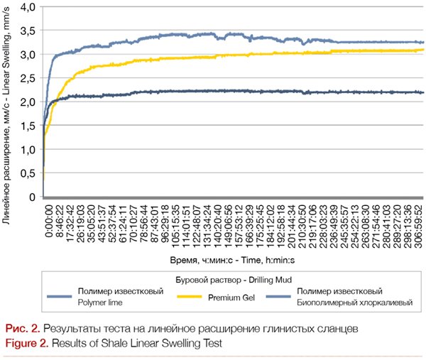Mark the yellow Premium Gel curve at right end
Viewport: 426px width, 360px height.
coord(423,50)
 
